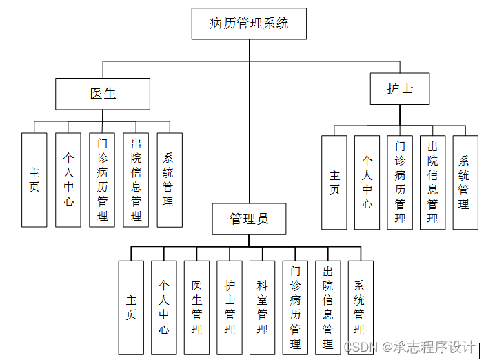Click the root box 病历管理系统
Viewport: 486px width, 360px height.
[249, 23]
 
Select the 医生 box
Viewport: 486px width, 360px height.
[103, 94]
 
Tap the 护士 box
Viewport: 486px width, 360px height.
[400, 89]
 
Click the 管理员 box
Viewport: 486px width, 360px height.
[249, 219]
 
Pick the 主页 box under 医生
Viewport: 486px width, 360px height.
[34, 179]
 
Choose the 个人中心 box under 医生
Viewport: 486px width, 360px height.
[68, 179]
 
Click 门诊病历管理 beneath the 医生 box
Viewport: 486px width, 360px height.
[102, 179]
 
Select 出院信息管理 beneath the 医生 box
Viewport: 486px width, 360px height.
[136, 179]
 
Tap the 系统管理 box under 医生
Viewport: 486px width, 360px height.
[170, 179]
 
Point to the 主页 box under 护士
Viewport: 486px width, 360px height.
[334, 182]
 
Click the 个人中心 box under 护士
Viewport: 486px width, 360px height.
[367, 182]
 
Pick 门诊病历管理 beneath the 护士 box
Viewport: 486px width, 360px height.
[400, 182]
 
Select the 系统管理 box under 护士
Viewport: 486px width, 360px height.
[465, 182]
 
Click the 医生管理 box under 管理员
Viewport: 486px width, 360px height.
[196, 307]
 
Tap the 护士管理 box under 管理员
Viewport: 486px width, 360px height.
[230, 307]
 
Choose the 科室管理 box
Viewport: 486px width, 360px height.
[262, 307]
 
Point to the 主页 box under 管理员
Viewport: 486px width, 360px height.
[131, 307]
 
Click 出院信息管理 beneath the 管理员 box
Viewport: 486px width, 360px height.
[327, 307]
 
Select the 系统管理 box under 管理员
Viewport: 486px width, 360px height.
[360, 307]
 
